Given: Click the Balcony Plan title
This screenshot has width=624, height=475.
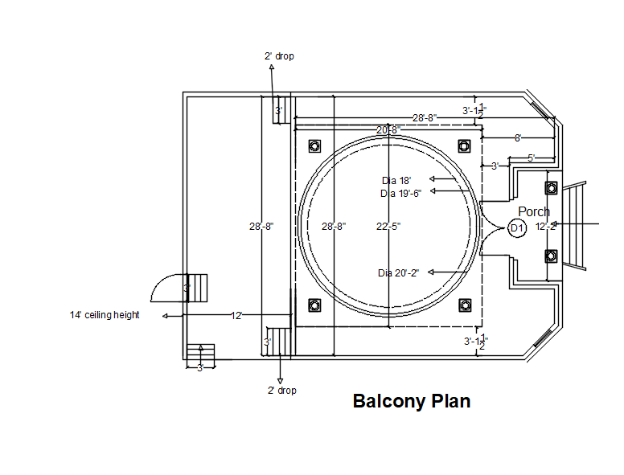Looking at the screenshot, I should [x=412, y=401].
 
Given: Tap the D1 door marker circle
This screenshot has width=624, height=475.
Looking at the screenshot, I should [x=517, y=228].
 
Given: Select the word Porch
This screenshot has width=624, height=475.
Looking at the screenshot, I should [x=534, y=211].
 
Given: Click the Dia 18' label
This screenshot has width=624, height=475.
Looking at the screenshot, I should [x=396, y=180].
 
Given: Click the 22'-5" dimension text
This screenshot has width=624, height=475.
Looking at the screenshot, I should [x=388, y=227].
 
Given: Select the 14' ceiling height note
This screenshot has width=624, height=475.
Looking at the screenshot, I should [x=105, y=315].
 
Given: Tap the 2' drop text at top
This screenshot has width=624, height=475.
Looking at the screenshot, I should [x=279, y=56].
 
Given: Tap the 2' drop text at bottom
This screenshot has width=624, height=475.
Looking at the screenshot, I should [x=281, y=391].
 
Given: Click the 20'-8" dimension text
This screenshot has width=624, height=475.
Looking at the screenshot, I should [x=387, y=130].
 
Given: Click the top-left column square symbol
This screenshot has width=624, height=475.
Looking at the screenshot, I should [x=314, y=145].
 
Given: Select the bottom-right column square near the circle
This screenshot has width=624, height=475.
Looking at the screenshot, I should [x=464, y=305].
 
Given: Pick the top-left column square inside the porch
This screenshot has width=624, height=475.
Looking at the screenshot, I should [x=551, y=187].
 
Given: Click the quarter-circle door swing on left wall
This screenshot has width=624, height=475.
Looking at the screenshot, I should [x=170, y=285].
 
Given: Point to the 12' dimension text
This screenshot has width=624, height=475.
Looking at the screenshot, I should [x=236, y=316].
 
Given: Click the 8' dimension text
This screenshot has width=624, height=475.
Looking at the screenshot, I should [x=518, y=138].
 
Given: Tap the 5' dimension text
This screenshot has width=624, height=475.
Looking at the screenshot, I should [x=532, y=158].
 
